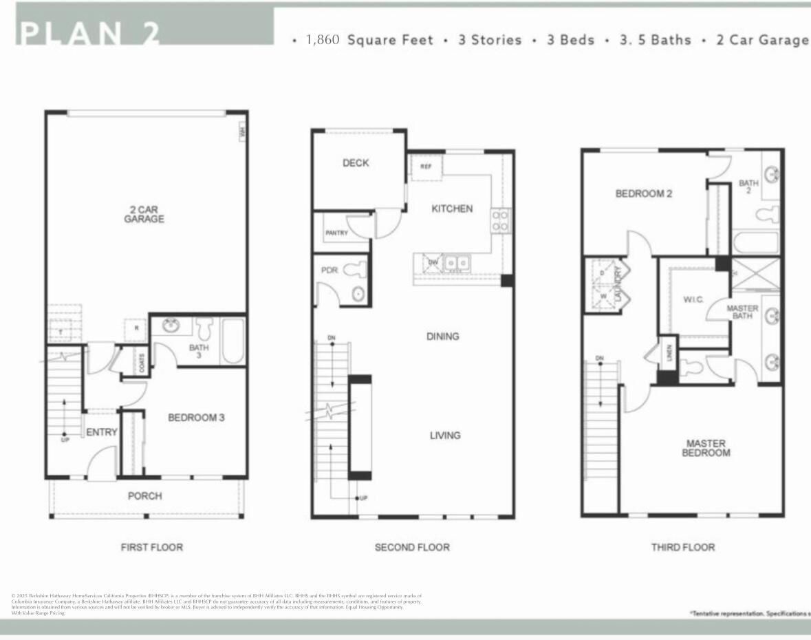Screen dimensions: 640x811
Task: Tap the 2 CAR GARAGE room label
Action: (144, 214)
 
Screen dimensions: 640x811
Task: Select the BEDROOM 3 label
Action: (196, 417)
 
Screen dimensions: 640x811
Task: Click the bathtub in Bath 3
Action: (233, 341)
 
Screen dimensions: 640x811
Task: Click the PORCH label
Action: (145, 495)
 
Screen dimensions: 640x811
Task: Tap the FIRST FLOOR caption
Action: (151, 547)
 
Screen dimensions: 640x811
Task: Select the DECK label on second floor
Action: (356, 163)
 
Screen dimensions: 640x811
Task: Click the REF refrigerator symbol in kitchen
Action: (426, 167)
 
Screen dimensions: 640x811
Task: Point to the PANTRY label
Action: (336, 233)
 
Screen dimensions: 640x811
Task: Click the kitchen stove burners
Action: (500, 220)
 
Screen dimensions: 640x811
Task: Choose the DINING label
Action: (442, 337)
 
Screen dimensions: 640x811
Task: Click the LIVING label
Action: (445, 435)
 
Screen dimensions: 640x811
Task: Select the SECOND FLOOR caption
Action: (411, 547)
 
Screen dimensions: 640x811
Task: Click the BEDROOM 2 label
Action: (643, 194)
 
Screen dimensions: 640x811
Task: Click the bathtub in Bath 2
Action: (755, 243)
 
